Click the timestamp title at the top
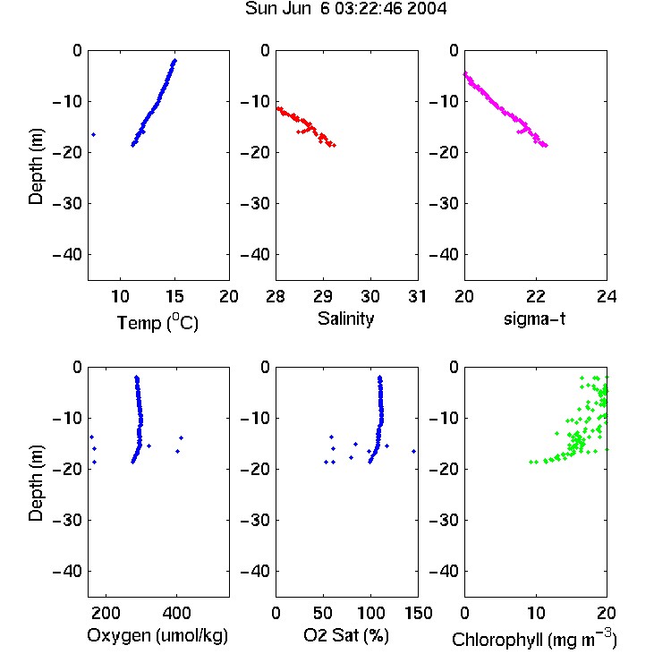click(x=345, y=9)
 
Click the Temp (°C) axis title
click(x=157, y=322)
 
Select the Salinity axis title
click(x=345, y=319)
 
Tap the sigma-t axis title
click(x=534, y=319)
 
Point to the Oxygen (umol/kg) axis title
click(x=157, y=635)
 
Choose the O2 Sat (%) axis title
click(x=345, y=635)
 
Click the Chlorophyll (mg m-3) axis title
click(x=534, y=638)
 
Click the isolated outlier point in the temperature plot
click(x=94, y=135)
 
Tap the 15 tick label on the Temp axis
click(x=174, y=296)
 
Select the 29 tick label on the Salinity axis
click(x=323, y=296)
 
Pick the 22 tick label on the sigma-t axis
click(x=535, y=296)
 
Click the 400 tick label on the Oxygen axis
click(x=176, y=613)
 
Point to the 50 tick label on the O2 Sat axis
click(x=323, y=613)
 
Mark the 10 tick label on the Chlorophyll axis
click(x=535, y=613)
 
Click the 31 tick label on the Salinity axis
click(x=417, y=296)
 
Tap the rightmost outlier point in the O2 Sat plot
click(x=414, y=452)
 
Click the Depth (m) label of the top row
click(x=36, y=166)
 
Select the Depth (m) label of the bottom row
click(x=36, y=483)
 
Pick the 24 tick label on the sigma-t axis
click(x=607, y=296)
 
